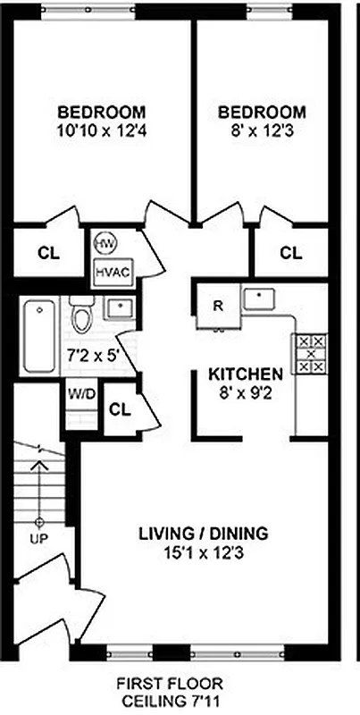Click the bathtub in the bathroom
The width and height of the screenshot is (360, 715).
[38, 337]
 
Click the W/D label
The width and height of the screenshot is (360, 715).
[77, 394]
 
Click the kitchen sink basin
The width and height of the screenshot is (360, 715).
[260, 298]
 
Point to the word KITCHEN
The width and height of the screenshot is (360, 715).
[246, 373]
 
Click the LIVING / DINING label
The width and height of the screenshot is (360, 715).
[203, 534]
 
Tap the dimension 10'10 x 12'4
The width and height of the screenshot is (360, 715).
[102, 130]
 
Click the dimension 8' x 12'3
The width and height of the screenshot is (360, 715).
[261, 130]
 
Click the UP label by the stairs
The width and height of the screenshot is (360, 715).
[38, 541]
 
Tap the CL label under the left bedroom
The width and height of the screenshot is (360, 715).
[48, 253]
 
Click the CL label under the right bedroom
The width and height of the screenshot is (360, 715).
[291, 253]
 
